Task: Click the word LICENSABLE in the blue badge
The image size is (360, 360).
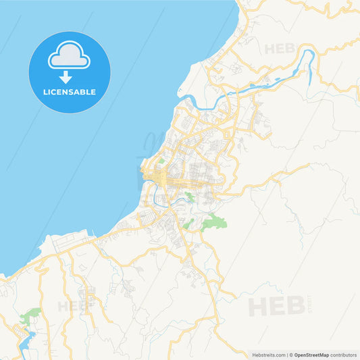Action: pyautogui.click(x=70, y=92)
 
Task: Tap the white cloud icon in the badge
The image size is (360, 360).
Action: pyautogui.click(x=69, y=57)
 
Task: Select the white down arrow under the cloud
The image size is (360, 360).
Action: pyautogui.click(x=66, y=76)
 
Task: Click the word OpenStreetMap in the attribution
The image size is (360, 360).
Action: pyautogui.click(x=311, y=355)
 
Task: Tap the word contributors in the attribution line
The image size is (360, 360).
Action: pyautogui.click(x=344, y=355)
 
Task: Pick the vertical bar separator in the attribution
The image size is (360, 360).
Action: pyautogui.click(x=287, y=355)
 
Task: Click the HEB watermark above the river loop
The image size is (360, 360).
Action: pyautogui.click(x=280, y=49)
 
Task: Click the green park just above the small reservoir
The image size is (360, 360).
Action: pyautogui.click(x=30, y=315)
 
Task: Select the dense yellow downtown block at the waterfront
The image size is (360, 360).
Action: pyautogui.click(x=162, y=177)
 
